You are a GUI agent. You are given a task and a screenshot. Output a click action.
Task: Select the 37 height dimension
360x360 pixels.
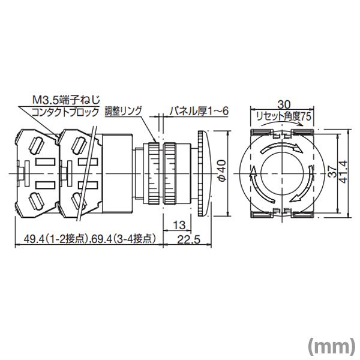[331, 171]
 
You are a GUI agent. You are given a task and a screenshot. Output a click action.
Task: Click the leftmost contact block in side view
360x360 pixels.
[35, 172]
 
